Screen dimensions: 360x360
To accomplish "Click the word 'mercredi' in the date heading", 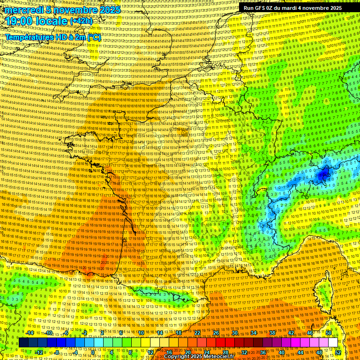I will (21, 10).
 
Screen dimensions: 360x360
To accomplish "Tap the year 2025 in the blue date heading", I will (109, 10).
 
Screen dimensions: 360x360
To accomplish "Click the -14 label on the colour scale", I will (29, 333).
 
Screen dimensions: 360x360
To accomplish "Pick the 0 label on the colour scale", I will (93, 352).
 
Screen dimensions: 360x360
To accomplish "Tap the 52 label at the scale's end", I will (338, 352).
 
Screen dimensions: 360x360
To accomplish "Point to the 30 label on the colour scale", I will (235, 333).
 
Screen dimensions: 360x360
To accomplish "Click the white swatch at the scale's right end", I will (333, 343).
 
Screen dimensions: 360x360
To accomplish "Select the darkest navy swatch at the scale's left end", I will (24, 343).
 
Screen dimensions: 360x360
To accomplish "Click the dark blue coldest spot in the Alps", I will (323, 175).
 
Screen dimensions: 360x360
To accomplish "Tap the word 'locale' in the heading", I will (50, 21).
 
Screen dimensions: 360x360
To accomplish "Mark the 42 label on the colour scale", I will (291, 333).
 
